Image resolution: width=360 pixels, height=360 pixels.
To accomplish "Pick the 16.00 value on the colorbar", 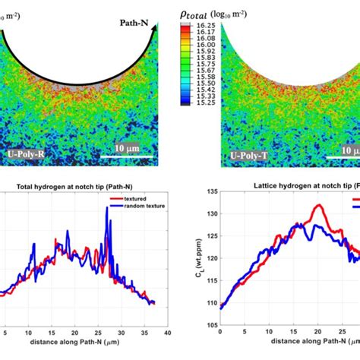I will click(207, 44).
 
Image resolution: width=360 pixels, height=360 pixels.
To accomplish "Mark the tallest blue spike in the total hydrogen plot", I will click(106, 210).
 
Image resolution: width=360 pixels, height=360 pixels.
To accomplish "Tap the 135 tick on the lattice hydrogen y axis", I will click(210, 199).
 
